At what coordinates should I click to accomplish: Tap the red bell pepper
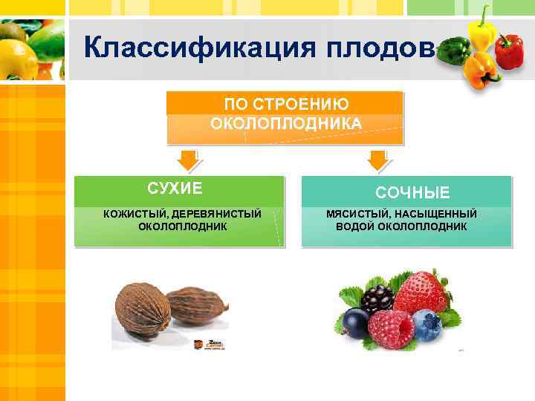(x=509, y=51)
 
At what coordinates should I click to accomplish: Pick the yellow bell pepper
(x=483, y=30)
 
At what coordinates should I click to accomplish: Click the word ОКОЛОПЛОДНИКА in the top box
(x=286, y=123)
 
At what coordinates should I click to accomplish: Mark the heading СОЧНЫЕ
(x=412, y=193)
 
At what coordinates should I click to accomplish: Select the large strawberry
(x=421, y=292)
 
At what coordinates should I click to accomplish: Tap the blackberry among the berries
(x=377, y=298)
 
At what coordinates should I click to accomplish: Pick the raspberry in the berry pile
(x=390, y=329)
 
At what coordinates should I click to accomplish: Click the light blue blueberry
(x=427, y=326)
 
